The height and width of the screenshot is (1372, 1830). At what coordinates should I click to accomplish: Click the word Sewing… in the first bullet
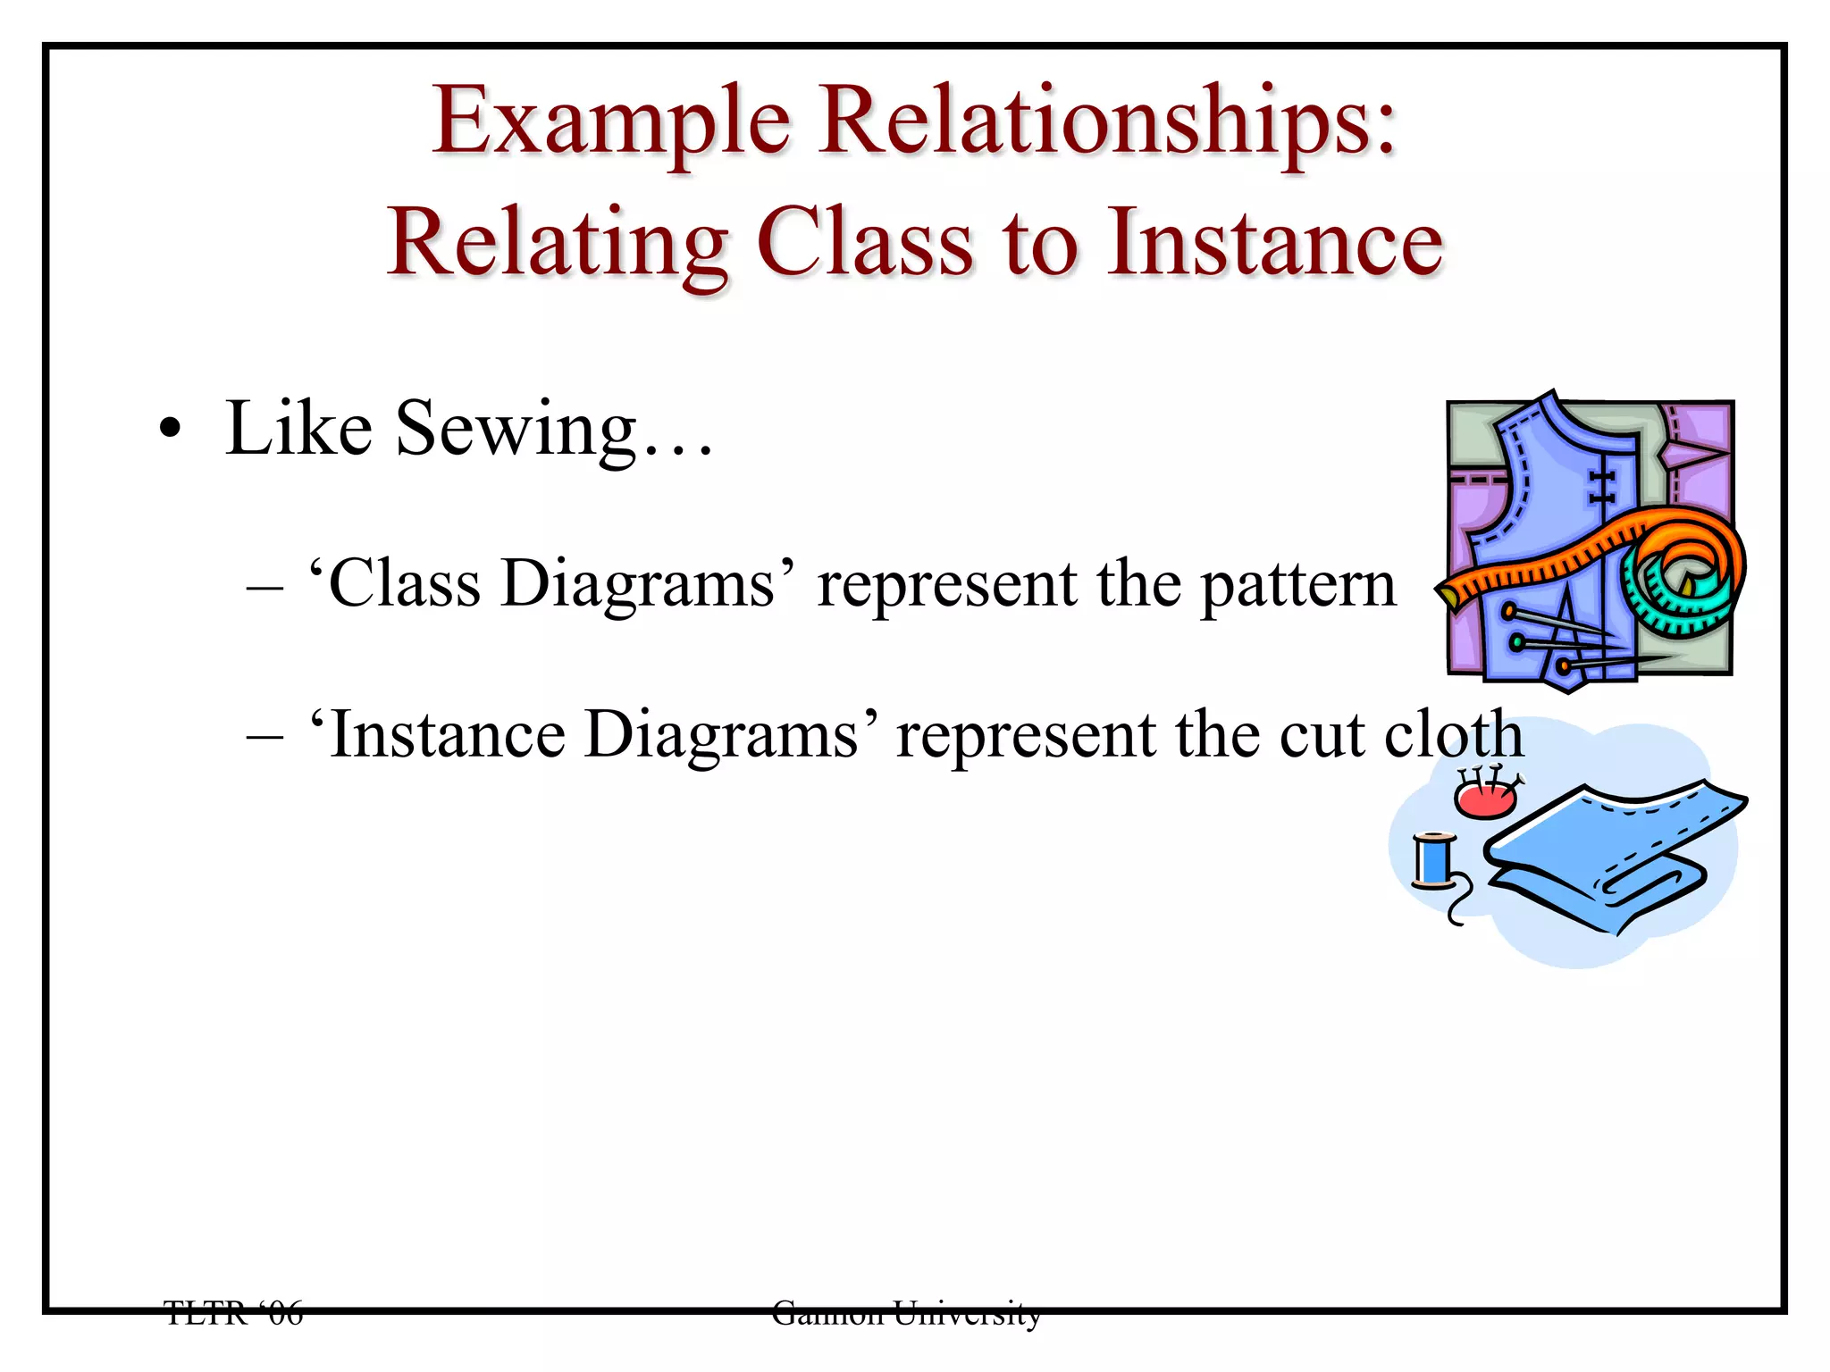[554, 430]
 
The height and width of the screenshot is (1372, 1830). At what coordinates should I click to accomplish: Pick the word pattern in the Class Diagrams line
[1297, 585]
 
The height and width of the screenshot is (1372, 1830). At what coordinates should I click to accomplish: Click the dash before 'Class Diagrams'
[264, 587]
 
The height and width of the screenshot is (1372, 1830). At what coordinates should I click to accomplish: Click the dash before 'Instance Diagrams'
[264, 738]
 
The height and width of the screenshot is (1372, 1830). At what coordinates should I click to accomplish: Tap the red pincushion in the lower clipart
[1484, 798]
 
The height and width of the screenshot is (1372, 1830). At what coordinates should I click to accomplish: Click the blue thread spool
[1434, 861]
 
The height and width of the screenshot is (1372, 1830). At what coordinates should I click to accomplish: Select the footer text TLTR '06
[234, 1313]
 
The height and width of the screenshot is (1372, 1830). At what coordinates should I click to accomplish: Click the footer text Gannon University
[906, 1313]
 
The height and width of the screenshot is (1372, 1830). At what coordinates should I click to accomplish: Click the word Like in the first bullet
[298, 430]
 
